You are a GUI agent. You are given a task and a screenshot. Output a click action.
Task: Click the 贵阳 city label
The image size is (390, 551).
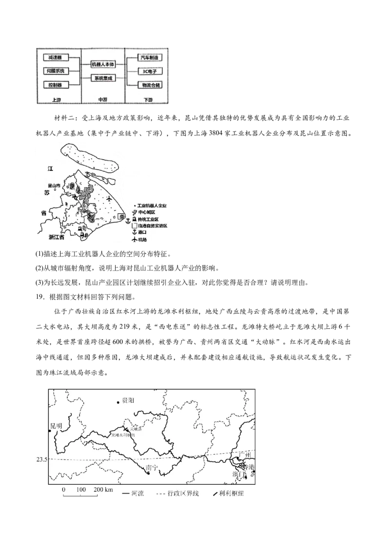point(128,400)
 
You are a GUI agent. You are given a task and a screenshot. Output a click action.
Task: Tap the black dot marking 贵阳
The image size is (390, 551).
point(118,402)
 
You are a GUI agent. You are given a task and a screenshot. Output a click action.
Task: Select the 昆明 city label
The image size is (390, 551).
point(56,426)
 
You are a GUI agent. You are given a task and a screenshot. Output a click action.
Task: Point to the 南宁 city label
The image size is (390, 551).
point(153,468)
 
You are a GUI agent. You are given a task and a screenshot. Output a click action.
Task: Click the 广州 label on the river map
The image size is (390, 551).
point(244,455)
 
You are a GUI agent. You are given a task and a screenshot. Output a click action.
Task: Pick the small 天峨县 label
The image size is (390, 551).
point(135,429)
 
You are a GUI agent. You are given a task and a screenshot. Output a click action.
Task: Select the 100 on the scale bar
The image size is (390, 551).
point(81,489)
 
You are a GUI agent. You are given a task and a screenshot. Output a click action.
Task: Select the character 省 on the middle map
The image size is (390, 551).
point(44,213)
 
